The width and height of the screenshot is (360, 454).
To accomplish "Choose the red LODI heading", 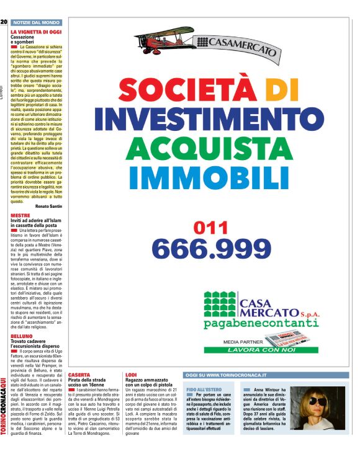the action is click(131, 375).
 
